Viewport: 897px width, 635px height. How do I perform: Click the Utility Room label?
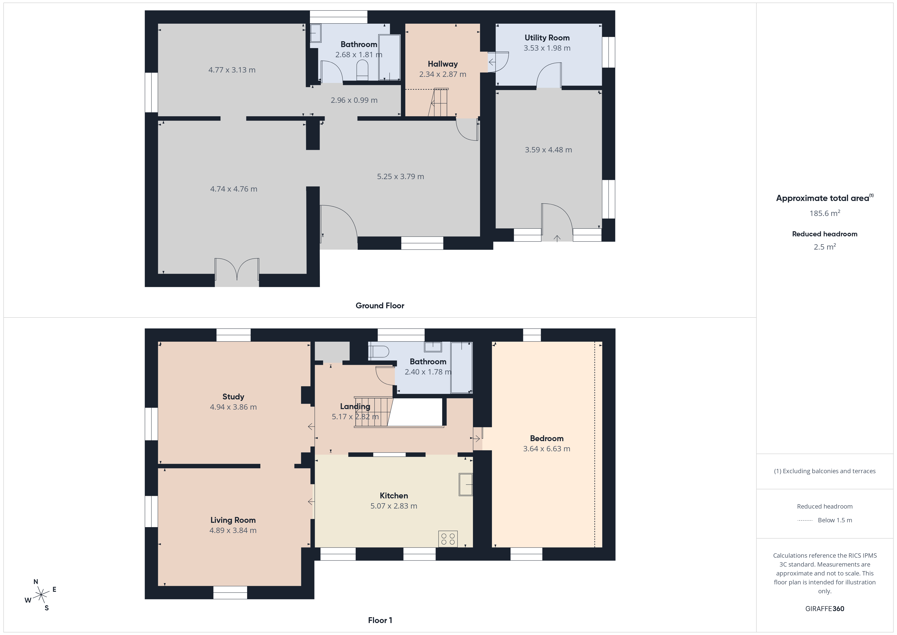[x=547, y=38]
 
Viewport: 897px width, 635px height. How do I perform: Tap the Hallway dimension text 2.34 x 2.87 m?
[x=443, y=74]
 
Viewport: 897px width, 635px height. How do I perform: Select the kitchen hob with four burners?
[x=448, y=538]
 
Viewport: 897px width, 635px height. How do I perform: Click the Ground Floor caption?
[x=380, y=306]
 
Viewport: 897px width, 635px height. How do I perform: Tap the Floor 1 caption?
[x=380, y=620]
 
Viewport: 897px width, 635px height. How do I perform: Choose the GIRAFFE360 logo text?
[x=825, y=609]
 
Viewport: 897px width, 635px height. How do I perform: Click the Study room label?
[x=233, y=397]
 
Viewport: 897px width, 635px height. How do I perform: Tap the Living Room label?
[x=233, y=520]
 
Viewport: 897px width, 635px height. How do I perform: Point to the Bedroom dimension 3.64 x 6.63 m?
[x=547, y=449]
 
